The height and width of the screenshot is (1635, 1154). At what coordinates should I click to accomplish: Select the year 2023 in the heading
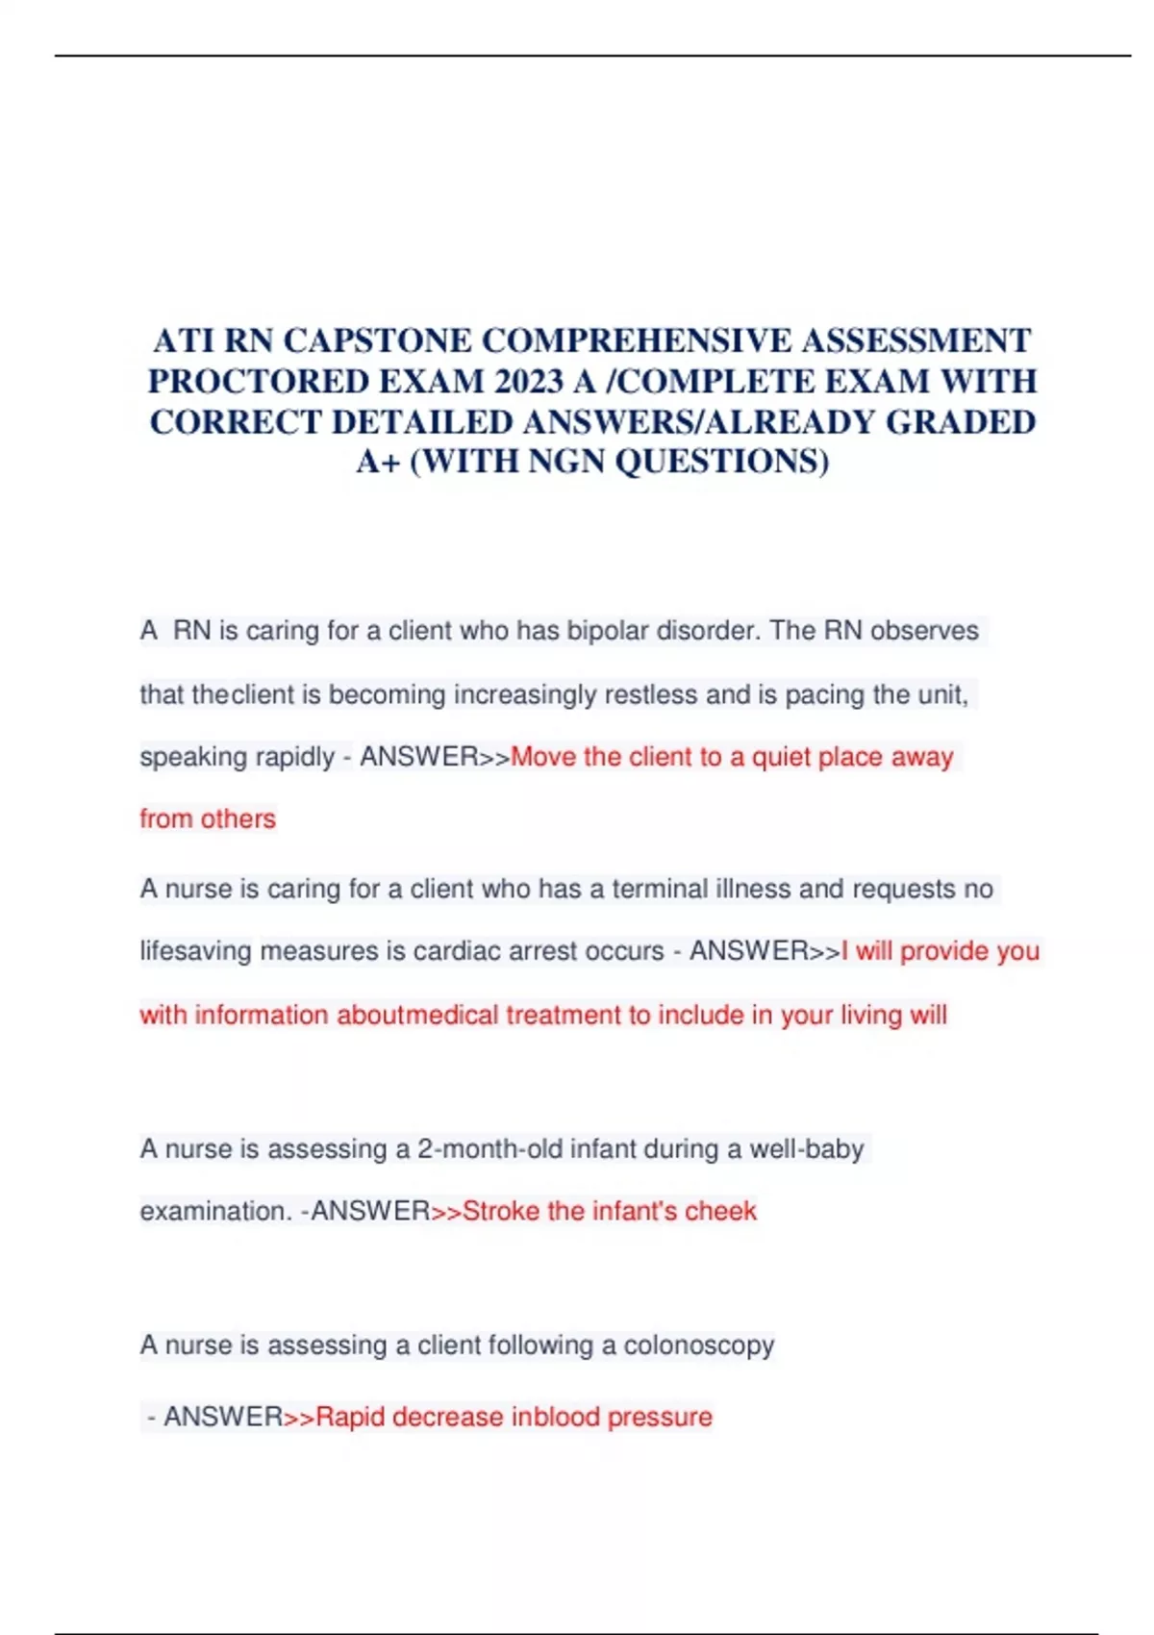click(x=528, y=382)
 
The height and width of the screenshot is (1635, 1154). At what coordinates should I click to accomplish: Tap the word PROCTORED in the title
click(x=259, y=382)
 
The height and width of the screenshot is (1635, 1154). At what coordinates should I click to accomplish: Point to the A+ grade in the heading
click(x=378, y=463)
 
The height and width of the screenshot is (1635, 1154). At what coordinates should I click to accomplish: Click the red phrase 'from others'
click(x=208, y=818)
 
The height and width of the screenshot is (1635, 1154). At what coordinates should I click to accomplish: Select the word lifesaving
click(x=196, y=951)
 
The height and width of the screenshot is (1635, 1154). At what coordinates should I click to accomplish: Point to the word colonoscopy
click(x=698, y=1345)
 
